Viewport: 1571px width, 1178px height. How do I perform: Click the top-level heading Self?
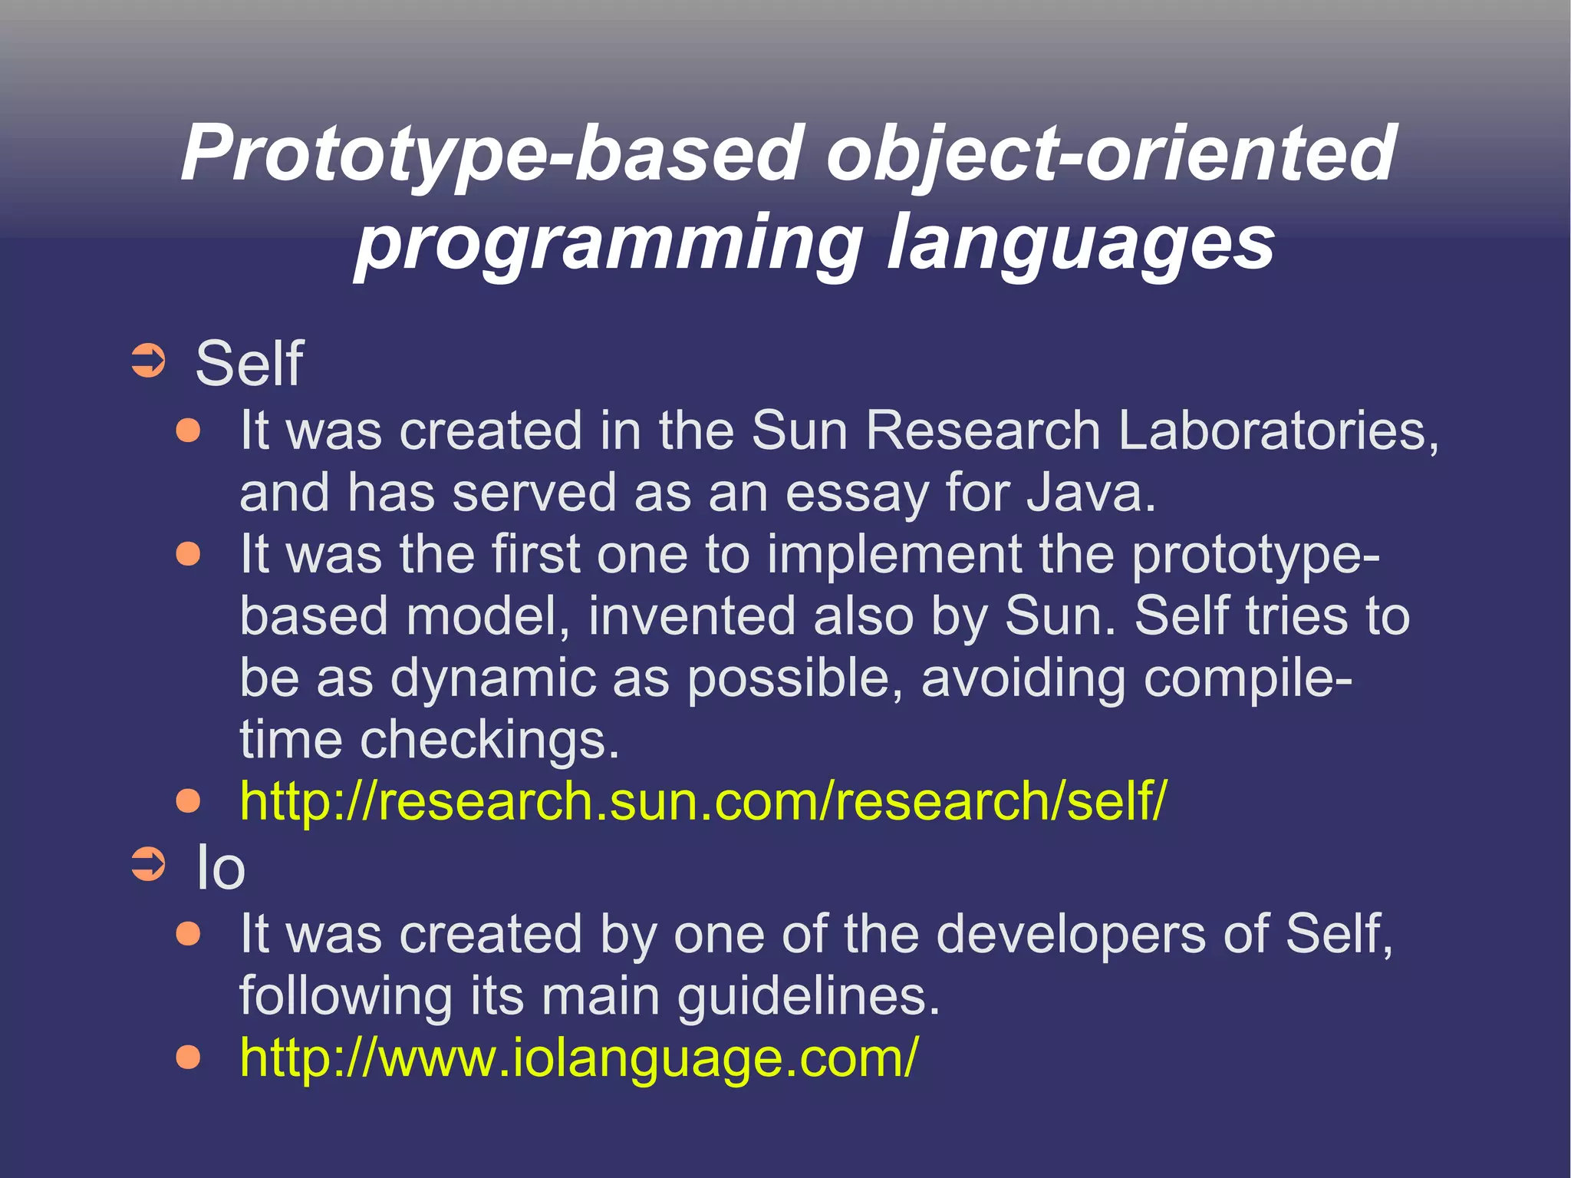[249, 363]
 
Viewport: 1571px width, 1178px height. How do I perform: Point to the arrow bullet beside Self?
[147, 361]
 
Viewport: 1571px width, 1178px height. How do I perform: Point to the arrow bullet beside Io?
[147, 864]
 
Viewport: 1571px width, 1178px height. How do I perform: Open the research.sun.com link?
[703, 801]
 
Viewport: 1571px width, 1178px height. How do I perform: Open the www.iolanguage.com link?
[578, 1058]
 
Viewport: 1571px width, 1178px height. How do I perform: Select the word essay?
[856, 493]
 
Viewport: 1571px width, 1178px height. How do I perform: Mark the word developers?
[1071, 934]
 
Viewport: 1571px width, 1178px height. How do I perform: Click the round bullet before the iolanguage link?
[188, 1058]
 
